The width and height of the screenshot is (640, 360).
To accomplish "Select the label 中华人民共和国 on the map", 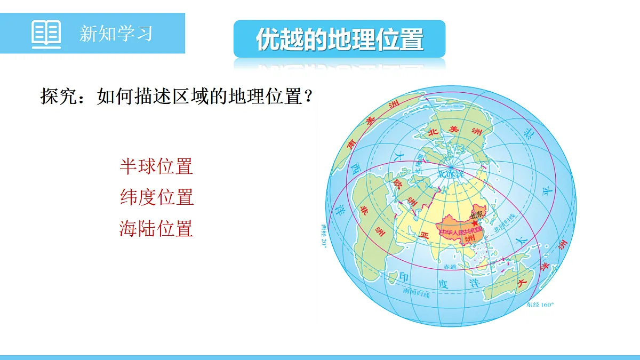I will [459, 233].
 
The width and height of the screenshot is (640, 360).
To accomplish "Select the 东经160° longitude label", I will [540, 305].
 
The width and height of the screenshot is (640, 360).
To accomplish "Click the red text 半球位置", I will [156, 166].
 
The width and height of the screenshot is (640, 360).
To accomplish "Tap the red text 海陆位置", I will [156, 229].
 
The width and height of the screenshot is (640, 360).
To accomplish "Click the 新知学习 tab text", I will [116, 33].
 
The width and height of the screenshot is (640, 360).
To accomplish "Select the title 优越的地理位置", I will [339, 39].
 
